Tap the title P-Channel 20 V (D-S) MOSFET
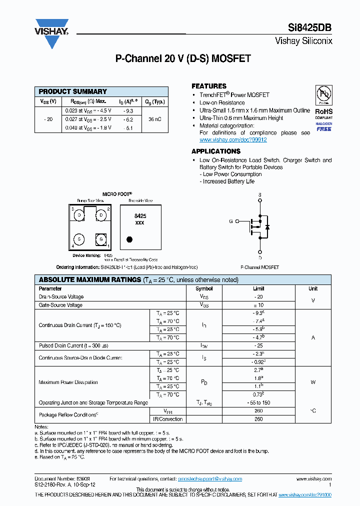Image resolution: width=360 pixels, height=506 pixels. [x=183, y=59]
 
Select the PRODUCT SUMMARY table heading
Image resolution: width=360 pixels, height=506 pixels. [x=73, y=91]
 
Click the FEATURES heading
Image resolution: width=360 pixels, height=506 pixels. [x=209, y=86]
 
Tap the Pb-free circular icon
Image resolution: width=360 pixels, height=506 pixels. [x=323, y=95]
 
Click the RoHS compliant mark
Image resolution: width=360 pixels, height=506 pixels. [x=323, y=111]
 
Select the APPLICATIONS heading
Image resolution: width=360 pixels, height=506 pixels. [x=216, y=151]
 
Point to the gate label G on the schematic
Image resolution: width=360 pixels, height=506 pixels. [x=231, y=221]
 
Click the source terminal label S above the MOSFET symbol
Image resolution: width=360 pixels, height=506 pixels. [x=259, y=194]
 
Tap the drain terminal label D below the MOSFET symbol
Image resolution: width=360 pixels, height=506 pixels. [x=259, y=258]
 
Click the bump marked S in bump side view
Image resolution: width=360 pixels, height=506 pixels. [x=79, y=239]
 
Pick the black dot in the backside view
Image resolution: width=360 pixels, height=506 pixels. [x=129, y=239]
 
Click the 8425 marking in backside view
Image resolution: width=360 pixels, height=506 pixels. [x=140, y=216]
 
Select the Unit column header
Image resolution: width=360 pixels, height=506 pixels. [x=313, y=288]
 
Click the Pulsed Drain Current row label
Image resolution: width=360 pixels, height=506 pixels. [x=73, y=345]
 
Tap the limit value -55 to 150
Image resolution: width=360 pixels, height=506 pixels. [x=258, y=402]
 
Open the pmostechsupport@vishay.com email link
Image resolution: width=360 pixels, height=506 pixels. [x=210, y=478]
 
